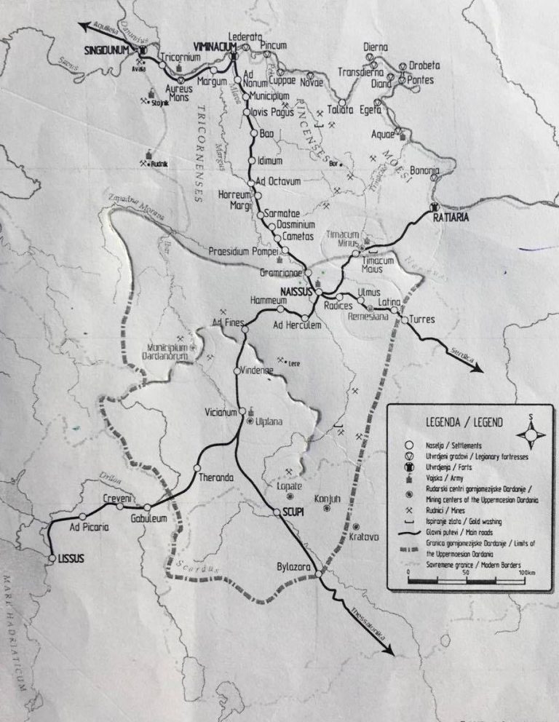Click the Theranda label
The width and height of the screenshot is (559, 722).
[215, 478]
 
